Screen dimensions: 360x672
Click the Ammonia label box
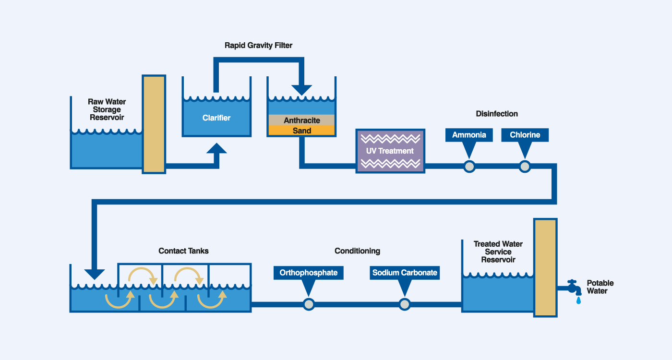point(469,135)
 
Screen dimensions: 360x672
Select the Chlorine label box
point(525,135)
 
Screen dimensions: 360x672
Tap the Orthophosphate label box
point(308,273)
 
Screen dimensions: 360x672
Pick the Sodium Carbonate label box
point(405,273)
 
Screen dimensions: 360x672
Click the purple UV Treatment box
point(390,151)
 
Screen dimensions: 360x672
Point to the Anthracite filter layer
point(301,120)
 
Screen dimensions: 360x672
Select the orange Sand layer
point(301,131)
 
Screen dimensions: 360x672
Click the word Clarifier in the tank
point(216,118)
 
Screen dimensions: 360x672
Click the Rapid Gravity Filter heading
point(258,46)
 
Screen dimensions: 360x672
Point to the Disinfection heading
point(497,114)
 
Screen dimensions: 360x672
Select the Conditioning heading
point(357,251)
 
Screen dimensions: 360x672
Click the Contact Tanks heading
point(183,251)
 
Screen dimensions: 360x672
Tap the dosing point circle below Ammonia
point(469,167)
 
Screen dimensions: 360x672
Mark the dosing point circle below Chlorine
point(525,167)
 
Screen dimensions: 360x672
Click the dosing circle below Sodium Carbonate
point(405,304)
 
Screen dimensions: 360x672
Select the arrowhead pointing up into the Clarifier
point(216,148)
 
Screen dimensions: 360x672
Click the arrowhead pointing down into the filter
point(301,89)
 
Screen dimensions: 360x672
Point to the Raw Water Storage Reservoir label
point(107,109)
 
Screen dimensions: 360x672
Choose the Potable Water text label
point(600,287)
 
